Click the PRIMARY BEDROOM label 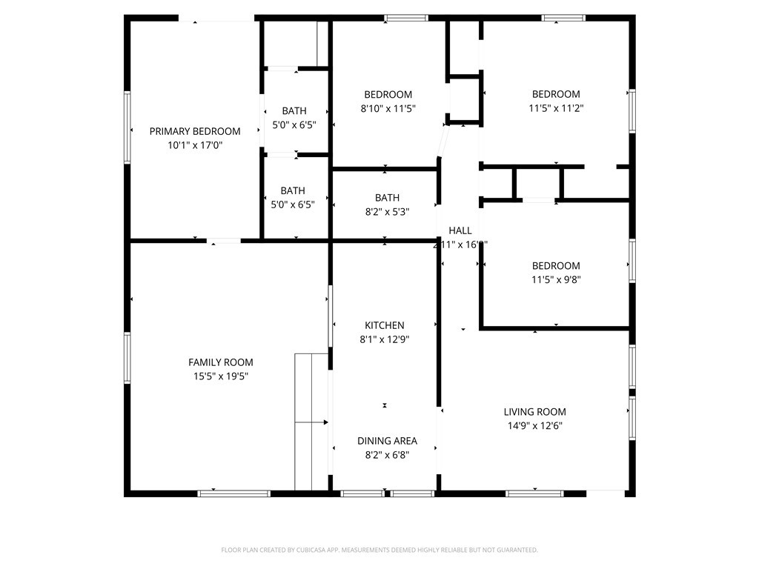click(x=195, y=131)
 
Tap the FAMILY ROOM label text click(x=220, y=362)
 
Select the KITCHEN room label click(x=384, y=325)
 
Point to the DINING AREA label click(x=387, y=441)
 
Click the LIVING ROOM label click(x=534, y=412)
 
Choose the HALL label click(x=460, y=231)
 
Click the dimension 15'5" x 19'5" click(x=220, y=376)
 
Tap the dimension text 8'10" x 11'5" click(x=388, y=108)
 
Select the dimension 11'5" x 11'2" click(x=556, y=108)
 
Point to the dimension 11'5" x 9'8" click(x=556, y=280)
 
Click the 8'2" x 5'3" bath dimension click(x=387, y=211)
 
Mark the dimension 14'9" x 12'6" click(x=534, y=426)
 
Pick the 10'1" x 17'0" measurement click(x=195, y=145)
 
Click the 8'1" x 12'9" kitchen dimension click(x=384, y=339)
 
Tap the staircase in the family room click(x=311, y=422)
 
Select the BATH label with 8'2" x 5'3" click(x=387, y=198)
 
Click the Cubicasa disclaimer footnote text click(x=379, y=550)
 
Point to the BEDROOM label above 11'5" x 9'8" click(x=556, y=266)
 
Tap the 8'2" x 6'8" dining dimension click(x=387, y=455)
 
